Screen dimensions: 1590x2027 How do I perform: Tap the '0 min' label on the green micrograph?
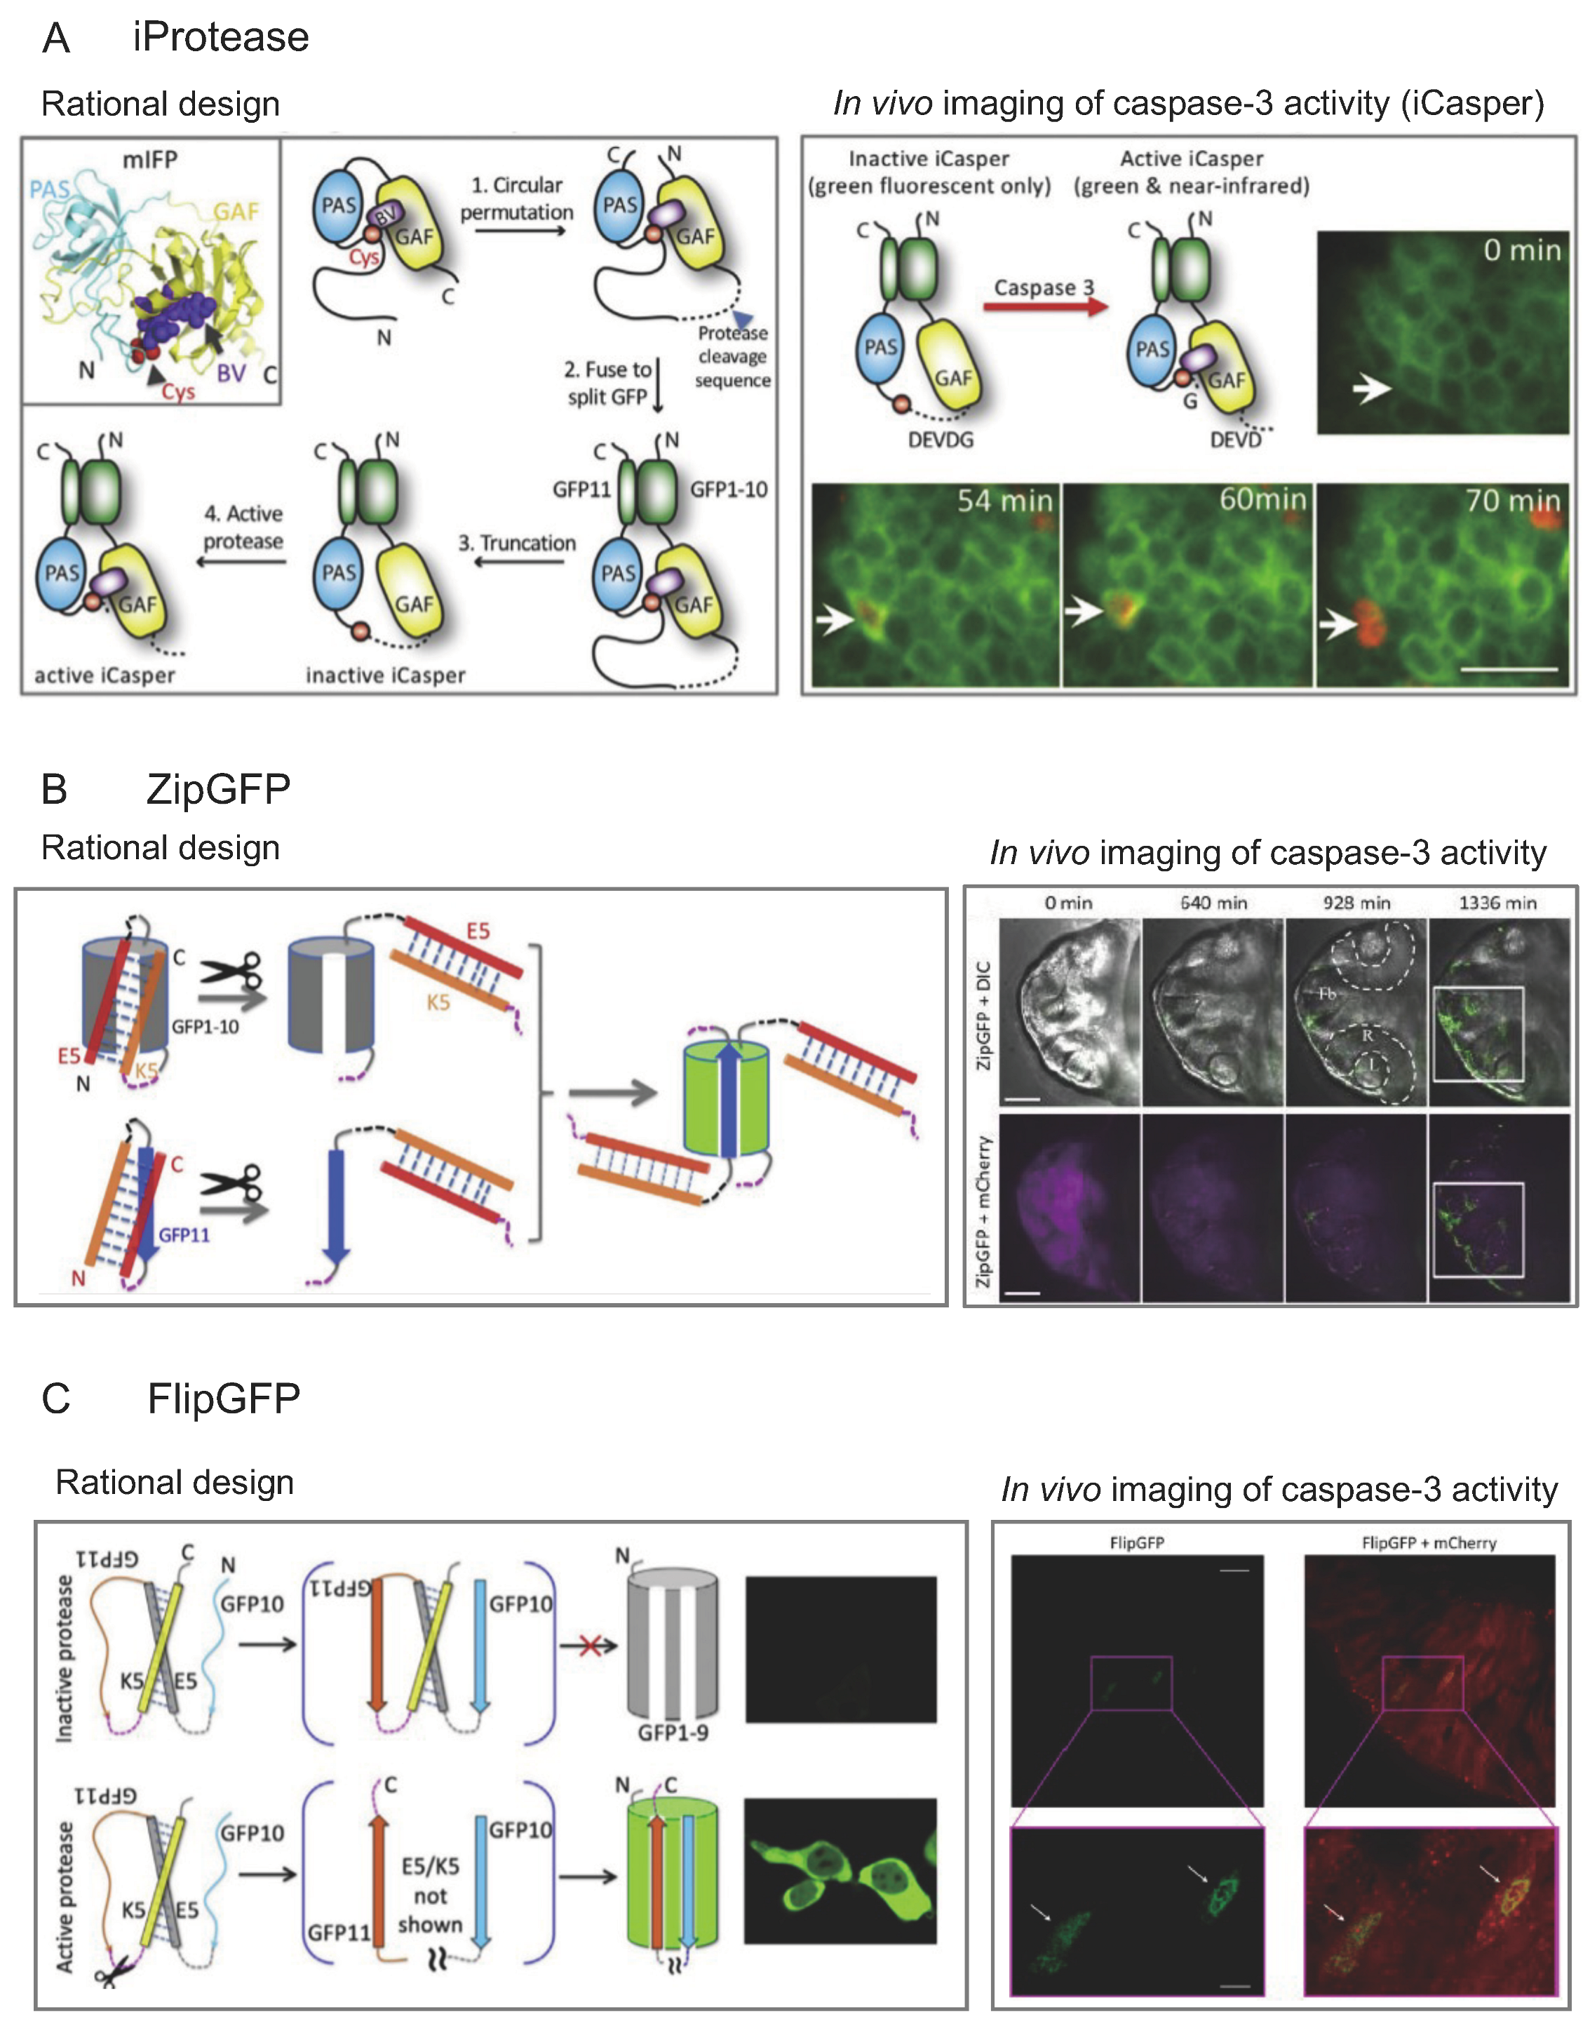tap(1521, 250)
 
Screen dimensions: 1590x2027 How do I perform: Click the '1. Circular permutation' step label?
tap(517, 198)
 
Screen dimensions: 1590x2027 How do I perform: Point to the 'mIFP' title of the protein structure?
tap(150, 160)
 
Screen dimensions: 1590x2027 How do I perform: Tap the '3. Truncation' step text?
tap(517, 543)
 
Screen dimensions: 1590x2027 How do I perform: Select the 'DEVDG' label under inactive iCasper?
tap(941, 439)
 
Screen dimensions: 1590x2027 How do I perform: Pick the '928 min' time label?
tap(1356, 903)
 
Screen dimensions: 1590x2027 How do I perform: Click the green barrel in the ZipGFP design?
tap(726, 1098)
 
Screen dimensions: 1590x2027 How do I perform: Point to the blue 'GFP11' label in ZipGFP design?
tap(184, 1235)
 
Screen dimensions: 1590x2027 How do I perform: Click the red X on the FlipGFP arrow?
tap(589, 1645)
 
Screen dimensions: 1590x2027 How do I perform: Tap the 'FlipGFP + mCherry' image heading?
tap(1428, 1543)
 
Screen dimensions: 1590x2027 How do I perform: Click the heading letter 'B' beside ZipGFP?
tap(55, 789)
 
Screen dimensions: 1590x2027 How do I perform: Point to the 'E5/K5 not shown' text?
tap(430, 1896)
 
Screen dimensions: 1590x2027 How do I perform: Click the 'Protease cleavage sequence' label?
tap(733, 356)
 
